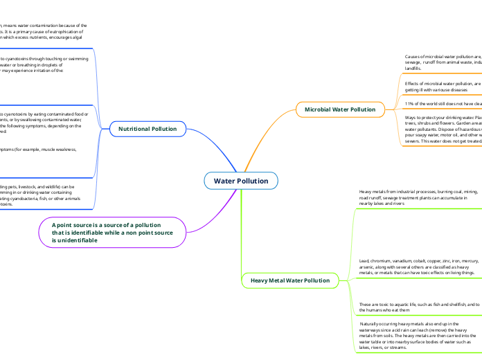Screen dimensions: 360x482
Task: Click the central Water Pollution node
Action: (240, 181)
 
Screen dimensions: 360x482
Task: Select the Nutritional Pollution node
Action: (147, 129)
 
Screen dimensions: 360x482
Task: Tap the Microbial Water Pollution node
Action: (339, 109)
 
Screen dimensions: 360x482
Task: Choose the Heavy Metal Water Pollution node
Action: (289, 280)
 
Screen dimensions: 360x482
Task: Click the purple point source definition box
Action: (111, 232)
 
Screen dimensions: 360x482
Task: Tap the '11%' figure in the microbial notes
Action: (410, 103)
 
